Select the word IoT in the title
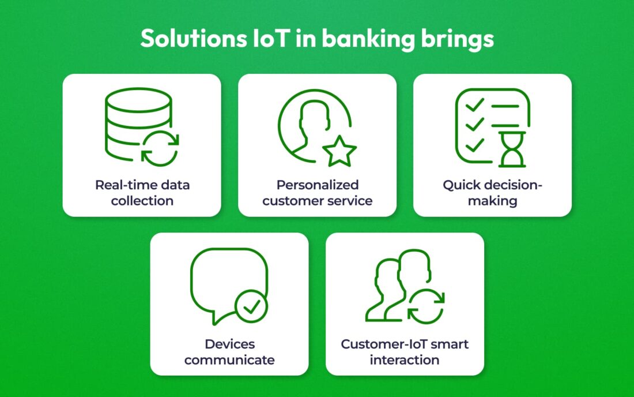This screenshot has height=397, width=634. (270, 39)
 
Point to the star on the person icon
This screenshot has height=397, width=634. (339, 151)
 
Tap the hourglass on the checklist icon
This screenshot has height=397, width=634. (512, 149)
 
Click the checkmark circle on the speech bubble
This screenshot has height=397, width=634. (251, 306)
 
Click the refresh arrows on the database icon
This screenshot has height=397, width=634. (160, 148)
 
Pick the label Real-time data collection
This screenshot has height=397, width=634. (142, 193)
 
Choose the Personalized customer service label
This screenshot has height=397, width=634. (318, 193)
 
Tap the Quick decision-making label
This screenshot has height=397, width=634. (492, 193)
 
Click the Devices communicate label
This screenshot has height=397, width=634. (229, 351)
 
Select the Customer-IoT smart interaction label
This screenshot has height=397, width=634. (405, 351)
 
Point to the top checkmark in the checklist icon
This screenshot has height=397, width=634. (475, 105)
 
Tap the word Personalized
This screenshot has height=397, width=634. (318, 185)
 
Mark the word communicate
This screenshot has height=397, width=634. (229, 359)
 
